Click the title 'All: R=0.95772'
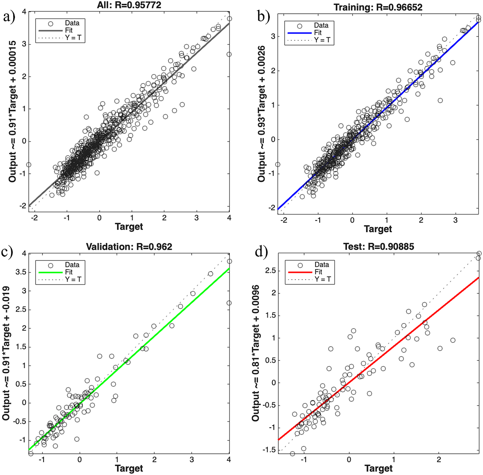129,5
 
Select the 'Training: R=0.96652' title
378,7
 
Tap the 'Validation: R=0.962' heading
129,247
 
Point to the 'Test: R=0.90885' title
379,247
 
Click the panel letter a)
9,17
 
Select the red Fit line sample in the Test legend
300,272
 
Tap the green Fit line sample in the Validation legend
50,272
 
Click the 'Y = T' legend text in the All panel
73,38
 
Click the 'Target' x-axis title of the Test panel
379,468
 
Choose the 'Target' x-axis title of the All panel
129,226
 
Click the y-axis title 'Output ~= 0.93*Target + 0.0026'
261,114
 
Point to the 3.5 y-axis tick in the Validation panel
20,272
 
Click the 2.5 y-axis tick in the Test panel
270,271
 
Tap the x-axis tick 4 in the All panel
229,218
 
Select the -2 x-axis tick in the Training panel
283,220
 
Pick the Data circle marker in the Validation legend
50,265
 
